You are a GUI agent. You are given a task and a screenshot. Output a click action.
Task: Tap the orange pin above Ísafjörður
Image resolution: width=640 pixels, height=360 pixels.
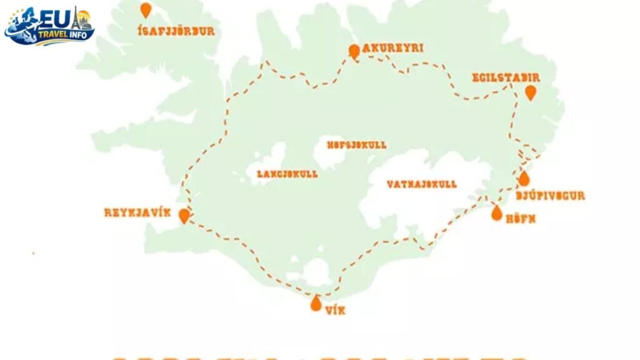(146, 10)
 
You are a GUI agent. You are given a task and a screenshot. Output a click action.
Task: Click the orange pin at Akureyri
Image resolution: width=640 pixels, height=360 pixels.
(354, 51)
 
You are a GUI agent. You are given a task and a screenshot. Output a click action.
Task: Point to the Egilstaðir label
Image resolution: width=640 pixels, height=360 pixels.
(506, 77)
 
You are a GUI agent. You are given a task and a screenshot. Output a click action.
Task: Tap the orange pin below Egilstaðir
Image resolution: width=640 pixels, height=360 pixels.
(531, 93)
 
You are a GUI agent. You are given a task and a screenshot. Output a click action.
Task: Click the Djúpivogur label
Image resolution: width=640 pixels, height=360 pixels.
(551, 196)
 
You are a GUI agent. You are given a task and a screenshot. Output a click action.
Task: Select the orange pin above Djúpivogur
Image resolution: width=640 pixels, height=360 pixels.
(524, 179)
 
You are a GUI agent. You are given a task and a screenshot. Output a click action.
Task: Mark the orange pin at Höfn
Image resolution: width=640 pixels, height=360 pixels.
(497, 213)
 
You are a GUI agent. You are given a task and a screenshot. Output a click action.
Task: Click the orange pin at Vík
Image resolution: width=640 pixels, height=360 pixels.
(316, 304)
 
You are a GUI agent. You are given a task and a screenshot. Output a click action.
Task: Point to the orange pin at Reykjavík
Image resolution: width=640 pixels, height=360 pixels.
(184, 216)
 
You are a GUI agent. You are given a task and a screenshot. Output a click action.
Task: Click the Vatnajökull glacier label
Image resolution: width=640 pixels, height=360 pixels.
(421, 184)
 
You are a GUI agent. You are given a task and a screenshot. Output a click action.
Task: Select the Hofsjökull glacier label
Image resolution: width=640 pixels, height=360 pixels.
(357, 145)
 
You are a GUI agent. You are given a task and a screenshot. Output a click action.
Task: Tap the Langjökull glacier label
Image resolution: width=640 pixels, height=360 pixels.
(287, 174)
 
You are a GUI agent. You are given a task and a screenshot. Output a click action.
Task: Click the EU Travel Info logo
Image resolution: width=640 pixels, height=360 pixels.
(49, 26)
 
